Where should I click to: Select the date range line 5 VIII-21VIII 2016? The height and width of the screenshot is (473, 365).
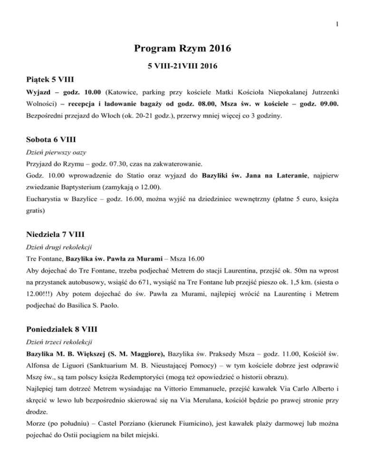point(182,65)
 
